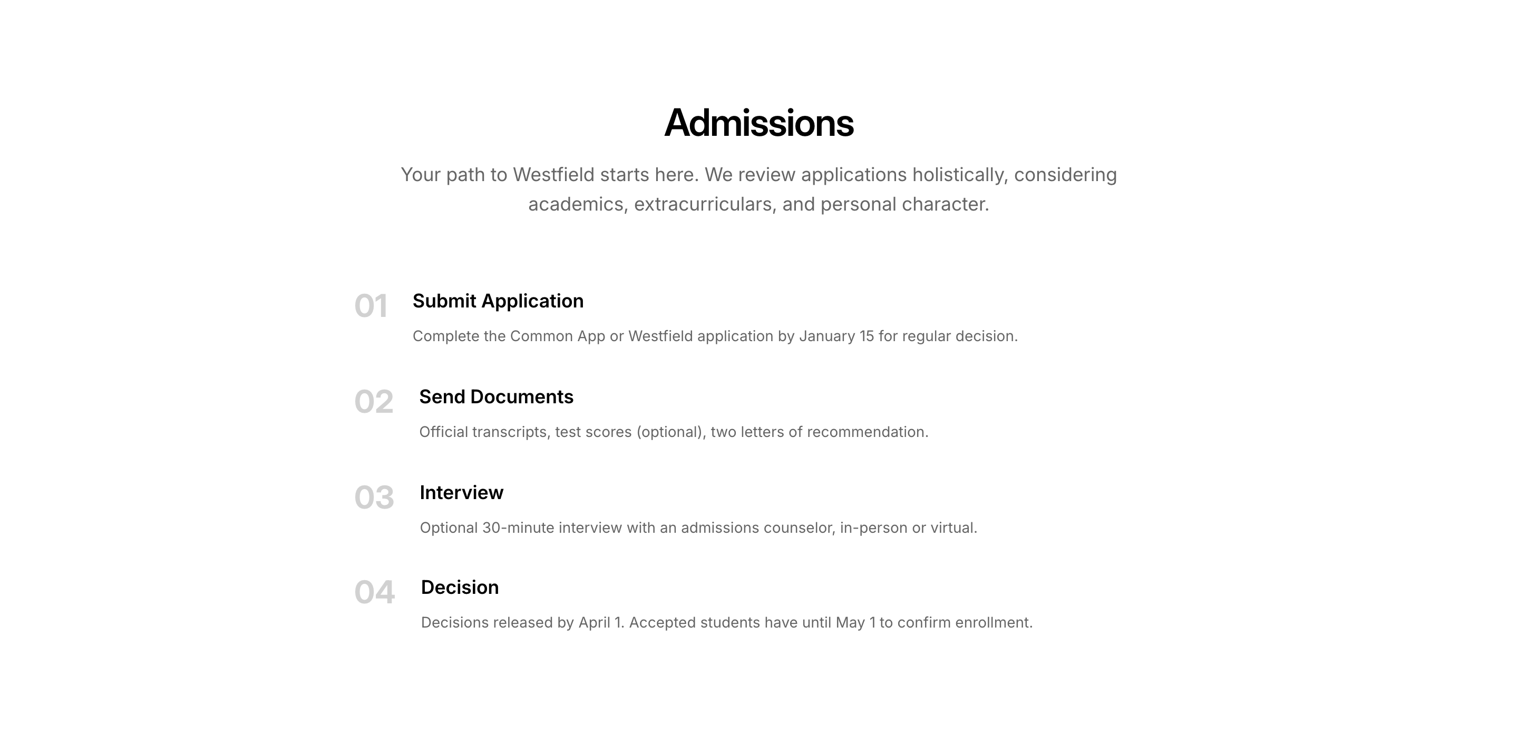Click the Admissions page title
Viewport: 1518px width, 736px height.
758,123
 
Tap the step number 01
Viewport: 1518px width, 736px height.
371,306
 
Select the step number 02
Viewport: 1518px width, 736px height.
374,402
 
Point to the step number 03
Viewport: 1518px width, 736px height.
374,498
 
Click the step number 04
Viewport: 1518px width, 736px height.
375,592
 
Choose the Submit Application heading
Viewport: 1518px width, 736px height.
498,301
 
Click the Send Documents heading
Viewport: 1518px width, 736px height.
496,397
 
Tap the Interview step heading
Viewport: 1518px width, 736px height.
461,493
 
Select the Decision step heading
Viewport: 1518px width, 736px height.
460,588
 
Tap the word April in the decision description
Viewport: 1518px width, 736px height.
594,623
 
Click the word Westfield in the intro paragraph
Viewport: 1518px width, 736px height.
553,175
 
